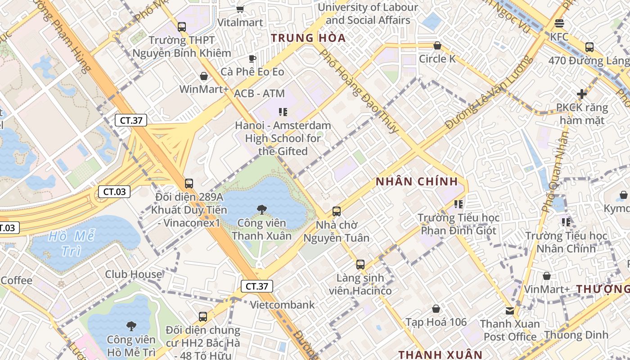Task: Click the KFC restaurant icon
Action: pyautogui.click(x=559, y=23)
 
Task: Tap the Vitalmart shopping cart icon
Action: pyautogui.click(x=240, y=9)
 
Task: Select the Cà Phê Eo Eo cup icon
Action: pyautogui.click(x=252, y=58)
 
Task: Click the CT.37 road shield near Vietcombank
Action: pyautogui.click(x=256, y=286)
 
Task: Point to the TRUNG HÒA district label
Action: pyautogui.click(x=308, y=38)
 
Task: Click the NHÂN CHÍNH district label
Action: pyautogui.click(x=417, y=182)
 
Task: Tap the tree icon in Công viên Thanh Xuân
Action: pyautogui.click(x=261, y=209)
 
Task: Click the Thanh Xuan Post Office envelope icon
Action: pyautogui.click(x=509, y=310)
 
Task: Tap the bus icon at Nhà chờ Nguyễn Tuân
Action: pyautogui.click(x=336, y=211)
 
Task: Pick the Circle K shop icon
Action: pyautogui.click(x=437, y=45)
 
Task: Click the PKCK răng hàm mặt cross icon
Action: pyautogui.click(x=582, y=94)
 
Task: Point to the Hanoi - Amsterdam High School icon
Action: pyautogui.click(x=283, y=112)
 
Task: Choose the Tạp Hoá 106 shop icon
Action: pyautogui.click(x=436, y=309)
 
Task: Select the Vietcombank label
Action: pyautogui.click(x=282, y=305)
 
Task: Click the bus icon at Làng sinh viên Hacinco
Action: pyautogui.click(x=360, y=265)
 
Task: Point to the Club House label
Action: pyautogui.click(x=134, y=274)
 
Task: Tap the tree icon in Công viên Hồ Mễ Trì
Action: pyautogui.click(x=131, y=326)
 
